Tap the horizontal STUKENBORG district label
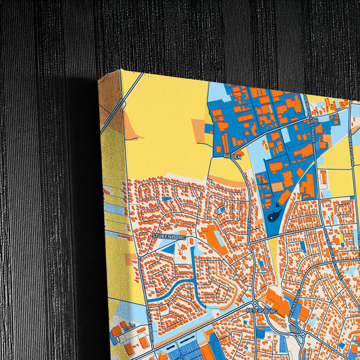(x=168, y=236)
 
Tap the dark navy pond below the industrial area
(x=273, y=217)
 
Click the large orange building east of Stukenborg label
(x=215, y=238)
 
